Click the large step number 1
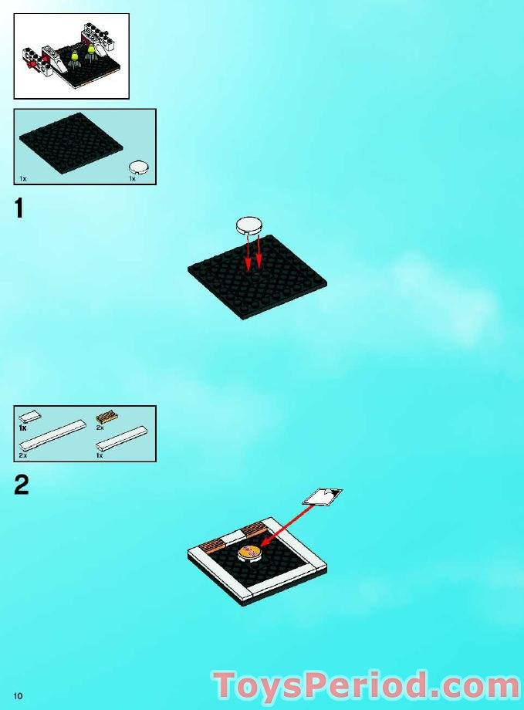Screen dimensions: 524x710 pos(19,208)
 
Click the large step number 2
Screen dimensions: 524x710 pos(22,485)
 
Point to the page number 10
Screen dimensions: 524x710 pos(18,696)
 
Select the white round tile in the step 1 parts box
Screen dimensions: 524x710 pos(139,167)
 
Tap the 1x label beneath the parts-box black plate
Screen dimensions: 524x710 pos(23,179)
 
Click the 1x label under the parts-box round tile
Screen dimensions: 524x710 pos(132,179)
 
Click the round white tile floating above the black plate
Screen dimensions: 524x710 pos(248,225)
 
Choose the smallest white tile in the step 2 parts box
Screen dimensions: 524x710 pos(30,415)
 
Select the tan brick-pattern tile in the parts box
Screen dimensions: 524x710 pos(106,417)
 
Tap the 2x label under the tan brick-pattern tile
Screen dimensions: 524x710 pos(100,428)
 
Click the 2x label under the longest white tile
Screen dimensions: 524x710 pos(23,455)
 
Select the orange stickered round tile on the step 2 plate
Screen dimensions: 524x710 pos(249,553)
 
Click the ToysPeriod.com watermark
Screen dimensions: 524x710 pos(367,685)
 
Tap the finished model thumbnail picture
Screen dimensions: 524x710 pos(72,56)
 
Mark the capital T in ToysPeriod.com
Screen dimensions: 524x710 pos(226,685)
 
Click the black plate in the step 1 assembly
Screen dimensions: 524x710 pos(257,277)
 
